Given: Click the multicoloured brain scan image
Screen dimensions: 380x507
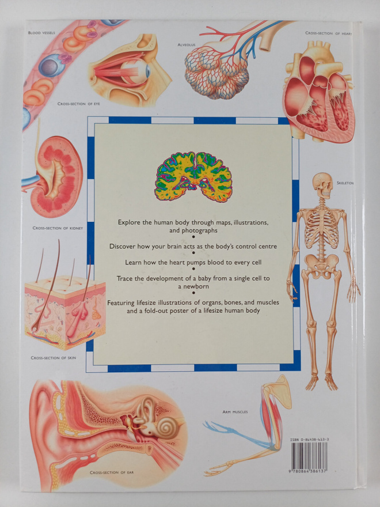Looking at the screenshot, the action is tap(193, 176).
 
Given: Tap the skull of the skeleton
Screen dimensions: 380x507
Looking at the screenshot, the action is tap(323, 186).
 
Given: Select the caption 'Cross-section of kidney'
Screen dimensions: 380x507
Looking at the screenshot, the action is tap(58, 228).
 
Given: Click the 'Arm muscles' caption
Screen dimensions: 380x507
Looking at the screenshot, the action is tap(235, 412).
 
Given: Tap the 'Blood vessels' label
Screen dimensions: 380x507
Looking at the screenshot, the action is tap(41, 33).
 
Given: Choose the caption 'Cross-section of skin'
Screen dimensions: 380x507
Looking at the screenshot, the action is tap(54, 358).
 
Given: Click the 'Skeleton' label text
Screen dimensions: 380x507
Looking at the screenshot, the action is tap(345, 183).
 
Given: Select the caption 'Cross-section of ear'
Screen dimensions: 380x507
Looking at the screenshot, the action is tap(112, 472).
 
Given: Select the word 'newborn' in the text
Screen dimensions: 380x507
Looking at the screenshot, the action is tap(198, 286).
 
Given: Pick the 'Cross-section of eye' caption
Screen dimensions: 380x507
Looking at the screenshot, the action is tap(79, 104).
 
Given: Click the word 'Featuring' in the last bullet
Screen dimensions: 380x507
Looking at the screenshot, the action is tap(120, 303).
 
